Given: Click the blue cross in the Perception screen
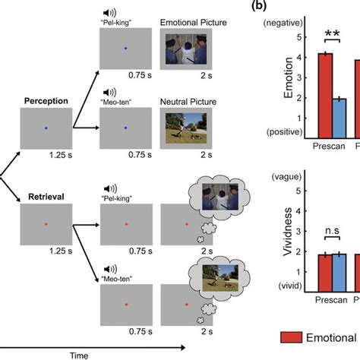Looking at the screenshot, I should click(x=46, y=128).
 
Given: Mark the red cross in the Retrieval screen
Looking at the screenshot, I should click(x=46, y=224).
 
